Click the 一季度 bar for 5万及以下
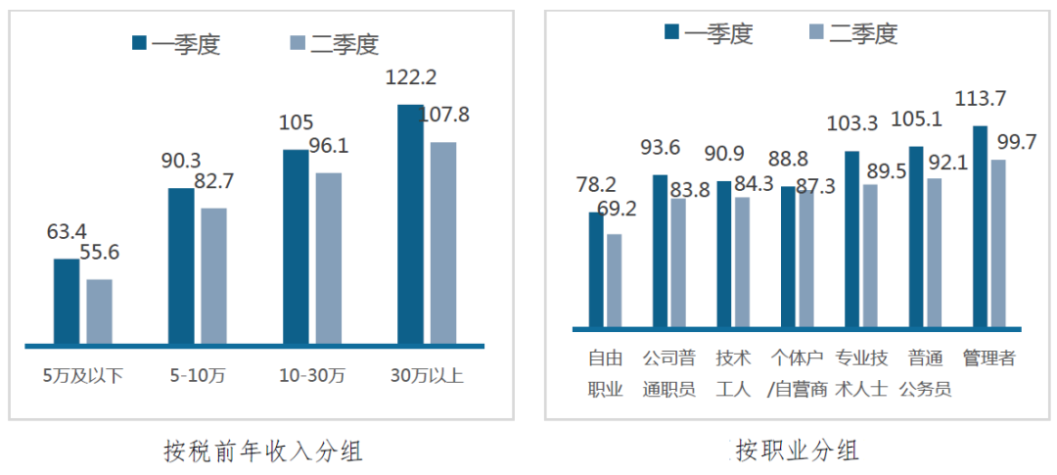(67, 302)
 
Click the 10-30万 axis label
(311, 375)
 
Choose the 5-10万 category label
(197, 375)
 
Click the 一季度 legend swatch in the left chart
(140, 42)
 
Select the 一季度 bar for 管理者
(980, 226)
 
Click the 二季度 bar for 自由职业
(614, 280)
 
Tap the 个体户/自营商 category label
(797, 373)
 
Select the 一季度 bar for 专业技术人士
(851, 239)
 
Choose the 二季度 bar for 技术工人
(743, 261)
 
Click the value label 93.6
(660, 148)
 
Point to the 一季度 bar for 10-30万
(296, 247)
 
